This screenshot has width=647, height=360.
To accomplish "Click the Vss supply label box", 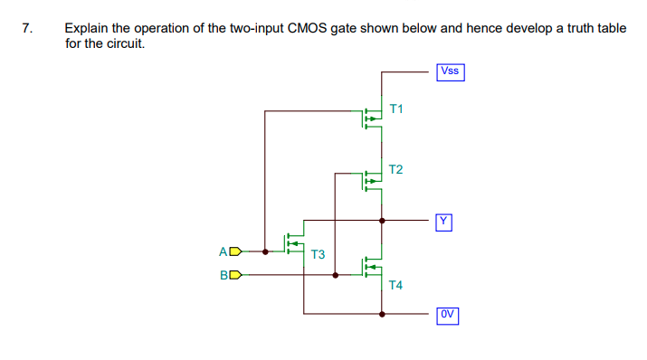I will pos(450,71).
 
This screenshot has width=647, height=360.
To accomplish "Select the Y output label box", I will pos(442,220).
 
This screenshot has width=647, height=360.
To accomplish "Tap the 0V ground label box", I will pos(448,315).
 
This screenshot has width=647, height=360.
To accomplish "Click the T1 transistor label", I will pos(395,109).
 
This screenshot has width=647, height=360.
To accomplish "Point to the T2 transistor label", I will pos(395,169).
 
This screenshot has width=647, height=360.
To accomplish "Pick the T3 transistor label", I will pos(318,254).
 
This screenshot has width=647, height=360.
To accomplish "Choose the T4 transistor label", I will pos(395,285).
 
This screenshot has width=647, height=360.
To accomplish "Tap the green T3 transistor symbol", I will pos(293,242).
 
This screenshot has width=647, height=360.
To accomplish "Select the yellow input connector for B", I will pos(236,275).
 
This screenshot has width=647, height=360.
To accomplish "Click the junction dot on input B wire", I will pos(336,275).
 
